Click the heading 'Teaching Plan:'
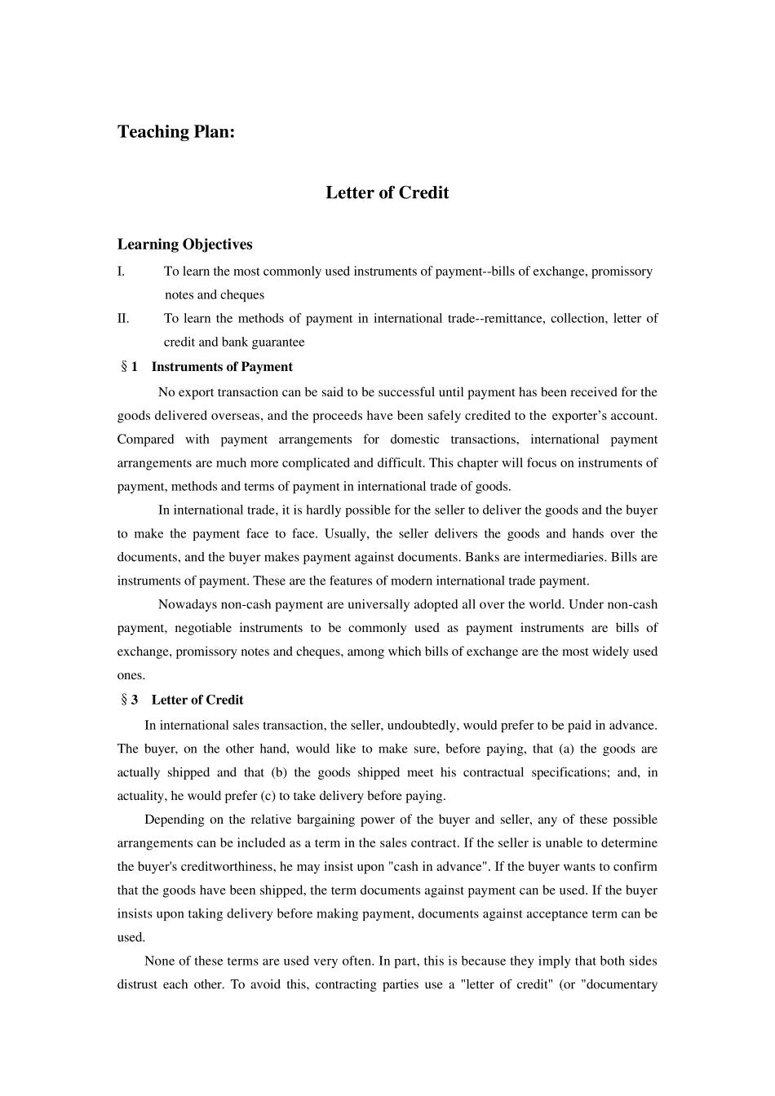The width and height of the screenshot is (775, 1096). click(175, 131)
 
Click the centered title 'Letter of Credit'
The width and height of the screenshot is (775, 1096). click(387, 192)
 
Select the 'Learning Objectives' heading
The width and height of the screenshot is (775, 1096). click(184, 244)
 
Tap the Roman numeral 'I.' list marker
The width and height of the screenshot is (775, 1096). click(121, 271)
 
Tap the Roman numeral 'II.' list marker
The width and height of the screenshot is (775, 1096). click(123, 318)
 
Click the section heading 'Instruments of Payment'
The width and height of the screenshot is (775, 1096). click(222, 366)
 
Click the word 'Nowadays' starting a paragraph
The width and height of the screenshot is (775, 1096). click(186, 604)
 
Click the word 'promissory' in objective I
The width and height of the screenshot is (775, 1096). click(622, 271)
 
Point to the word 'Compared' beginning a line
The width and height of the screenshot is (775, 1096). click(145, 439)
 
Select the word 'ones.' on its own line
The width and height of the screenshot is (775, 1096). click(131, 674)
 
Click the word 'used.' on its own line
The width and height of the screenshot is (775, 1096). click(131, 937)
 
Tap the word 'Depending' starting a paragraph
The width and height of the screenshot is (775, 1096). click(175, 819)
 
